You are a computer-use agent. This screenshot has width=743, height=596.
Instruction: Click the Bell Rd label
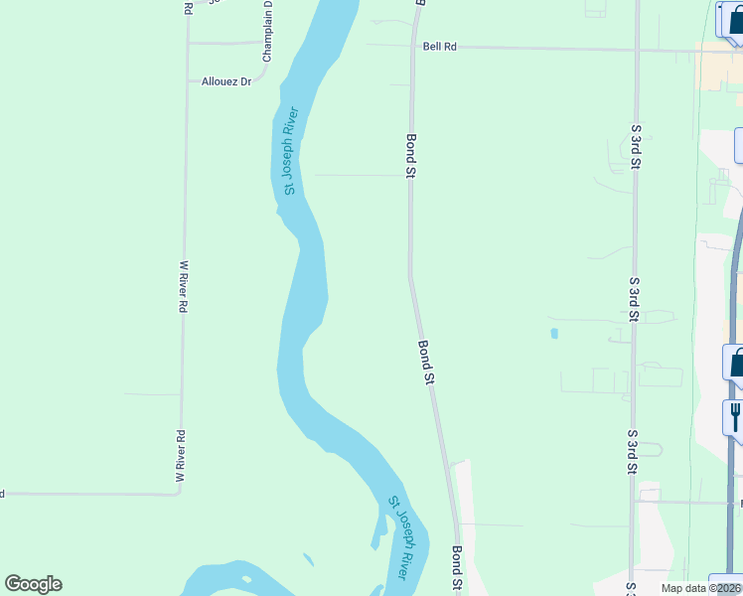tap(439, 47)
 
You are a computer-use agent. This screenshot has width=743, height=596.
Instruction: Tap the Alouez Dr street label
tap(226, 81)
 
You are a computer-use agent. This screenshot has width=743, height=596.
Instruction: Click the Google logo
tap(33, 584)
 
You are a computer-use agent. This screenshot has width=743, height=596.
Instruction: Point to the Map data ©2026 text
tap(701, 588)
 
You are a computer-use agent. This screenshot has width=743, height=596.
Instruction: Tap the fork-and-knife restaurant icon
tap(735, 415)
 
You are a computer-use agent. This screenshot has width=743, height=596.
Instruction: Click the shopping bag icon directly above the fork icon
tap(736, 363)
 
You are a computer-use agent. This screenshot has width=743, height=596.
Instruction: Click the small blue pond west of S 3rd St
tap(553, 333)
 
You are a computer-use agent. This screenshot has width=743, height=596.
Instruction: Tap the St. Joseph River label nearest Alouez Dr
tap(290, 151)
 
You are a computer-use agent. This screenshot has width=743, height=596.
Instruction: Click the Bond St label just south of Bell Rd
tap(410, 156)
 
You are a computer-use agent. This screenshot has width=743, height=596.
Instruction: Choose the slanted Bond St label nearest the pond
tap(426, 362)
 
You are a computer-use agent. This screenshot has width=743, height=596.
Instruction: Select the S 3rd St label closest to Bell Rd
tap(635, 147)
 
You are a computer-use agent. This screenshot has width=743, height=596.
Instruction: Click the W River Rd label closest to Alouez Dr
tap(183, 287)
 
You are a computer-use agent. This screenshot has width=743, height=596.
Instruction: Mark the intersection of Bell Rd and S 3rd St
tap(636, 49)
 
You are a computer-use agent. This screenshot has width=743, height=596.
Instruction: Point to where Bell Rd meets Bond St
tap(412, 46)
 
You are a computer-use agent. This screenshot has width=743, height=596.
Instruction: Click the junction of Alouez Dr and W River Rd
tap(186, 81)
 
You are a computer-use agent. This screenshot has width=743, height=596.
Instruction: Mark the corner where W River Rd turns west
tap(180, 494)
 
